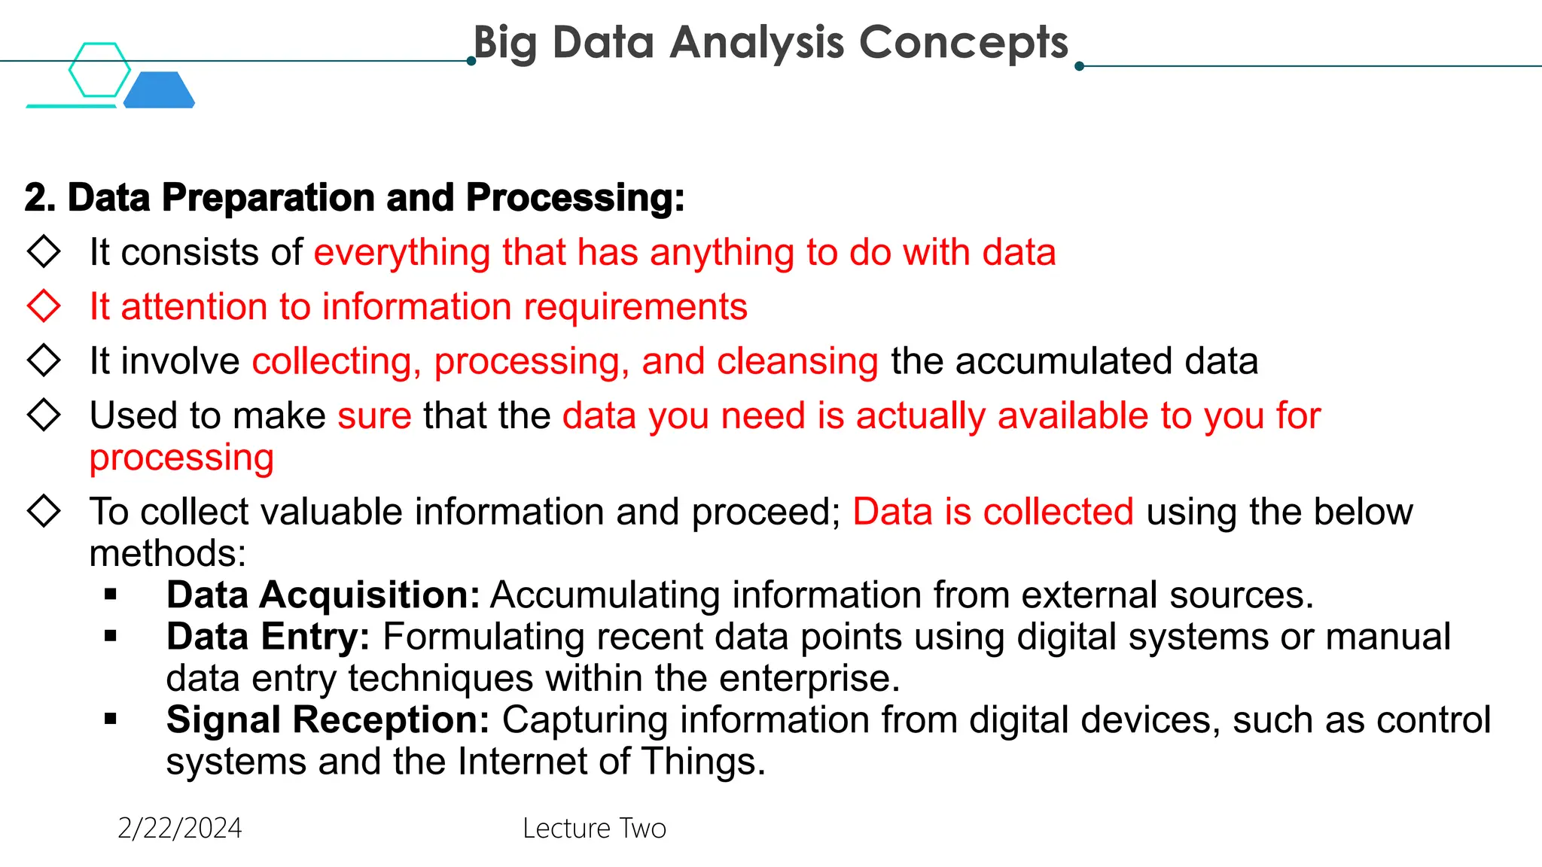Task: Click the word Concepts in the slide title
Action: (963, 42)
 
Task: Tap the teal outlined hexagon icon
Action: (99, 69)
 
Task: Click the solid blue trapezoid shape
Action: (160, 90)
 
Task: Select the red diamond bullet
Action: (44, 306)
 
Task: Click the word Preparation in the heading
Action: (268, 198)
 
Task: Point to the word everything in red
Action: (402, 252)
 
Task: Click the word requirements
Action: (635, 307)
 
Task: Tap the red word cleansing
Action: (797, 361)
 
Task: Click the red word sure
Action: (374, 415)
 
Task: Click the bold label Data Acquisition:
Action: (323, 595)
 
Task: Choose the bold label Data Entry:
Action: (268, 637)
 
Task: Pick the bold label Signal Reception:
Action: (328, 720)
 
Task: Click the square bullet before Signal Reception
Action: (111, 719)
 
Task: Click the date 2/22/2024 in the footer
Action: (180, 829)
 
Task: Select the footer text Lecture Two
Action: (594, 829)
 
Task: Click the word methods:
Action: (168, 554)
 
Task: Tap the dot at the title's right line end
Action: (1079, 66)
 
